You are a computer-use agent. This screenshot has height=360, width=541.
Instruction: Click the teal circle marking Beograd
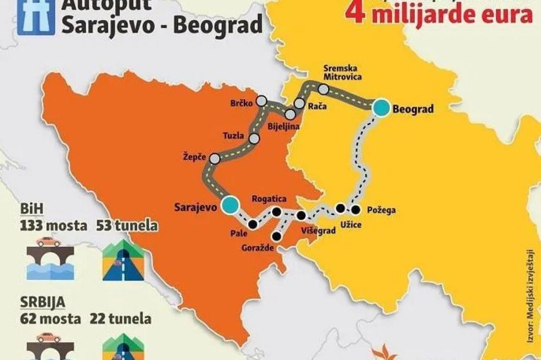point(381,107)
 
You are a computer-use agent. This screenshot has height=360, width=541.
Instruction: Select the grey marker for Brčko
point(262,101)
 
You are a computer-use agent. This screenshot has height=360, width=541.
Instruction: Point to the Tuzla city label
point(233,136)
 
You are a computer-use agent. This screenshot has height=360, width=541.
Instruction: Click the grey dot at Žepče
point(215,158)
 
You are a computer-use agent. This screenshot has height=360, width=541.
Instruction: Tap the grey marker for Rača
point(299,103)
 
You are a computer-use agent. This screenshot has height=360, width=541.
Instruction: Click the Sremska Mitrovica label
point(341,73)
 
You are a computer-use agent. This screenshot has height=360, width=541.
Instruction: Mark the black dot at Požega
point(356,209)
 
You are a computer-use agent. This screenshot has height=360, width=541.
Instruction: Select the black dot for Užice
point(341,208)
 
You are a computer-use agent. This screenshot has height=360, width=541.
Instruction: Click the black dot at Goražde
point(277,236)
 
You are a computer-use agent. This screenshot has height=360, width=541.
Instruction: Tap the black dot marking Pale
point(253,224)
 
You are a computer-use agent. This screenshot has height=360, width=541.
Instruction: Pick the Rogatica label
point(269,199)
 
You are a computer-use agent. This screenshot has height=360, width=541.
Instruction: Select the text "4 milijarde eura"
point(438,14)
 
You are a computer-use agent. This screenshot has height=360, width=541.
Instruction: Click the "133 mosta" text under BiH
point(53,226)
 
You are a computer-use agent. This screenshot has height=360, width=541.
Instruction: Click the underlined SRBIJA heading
point(42,303)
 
